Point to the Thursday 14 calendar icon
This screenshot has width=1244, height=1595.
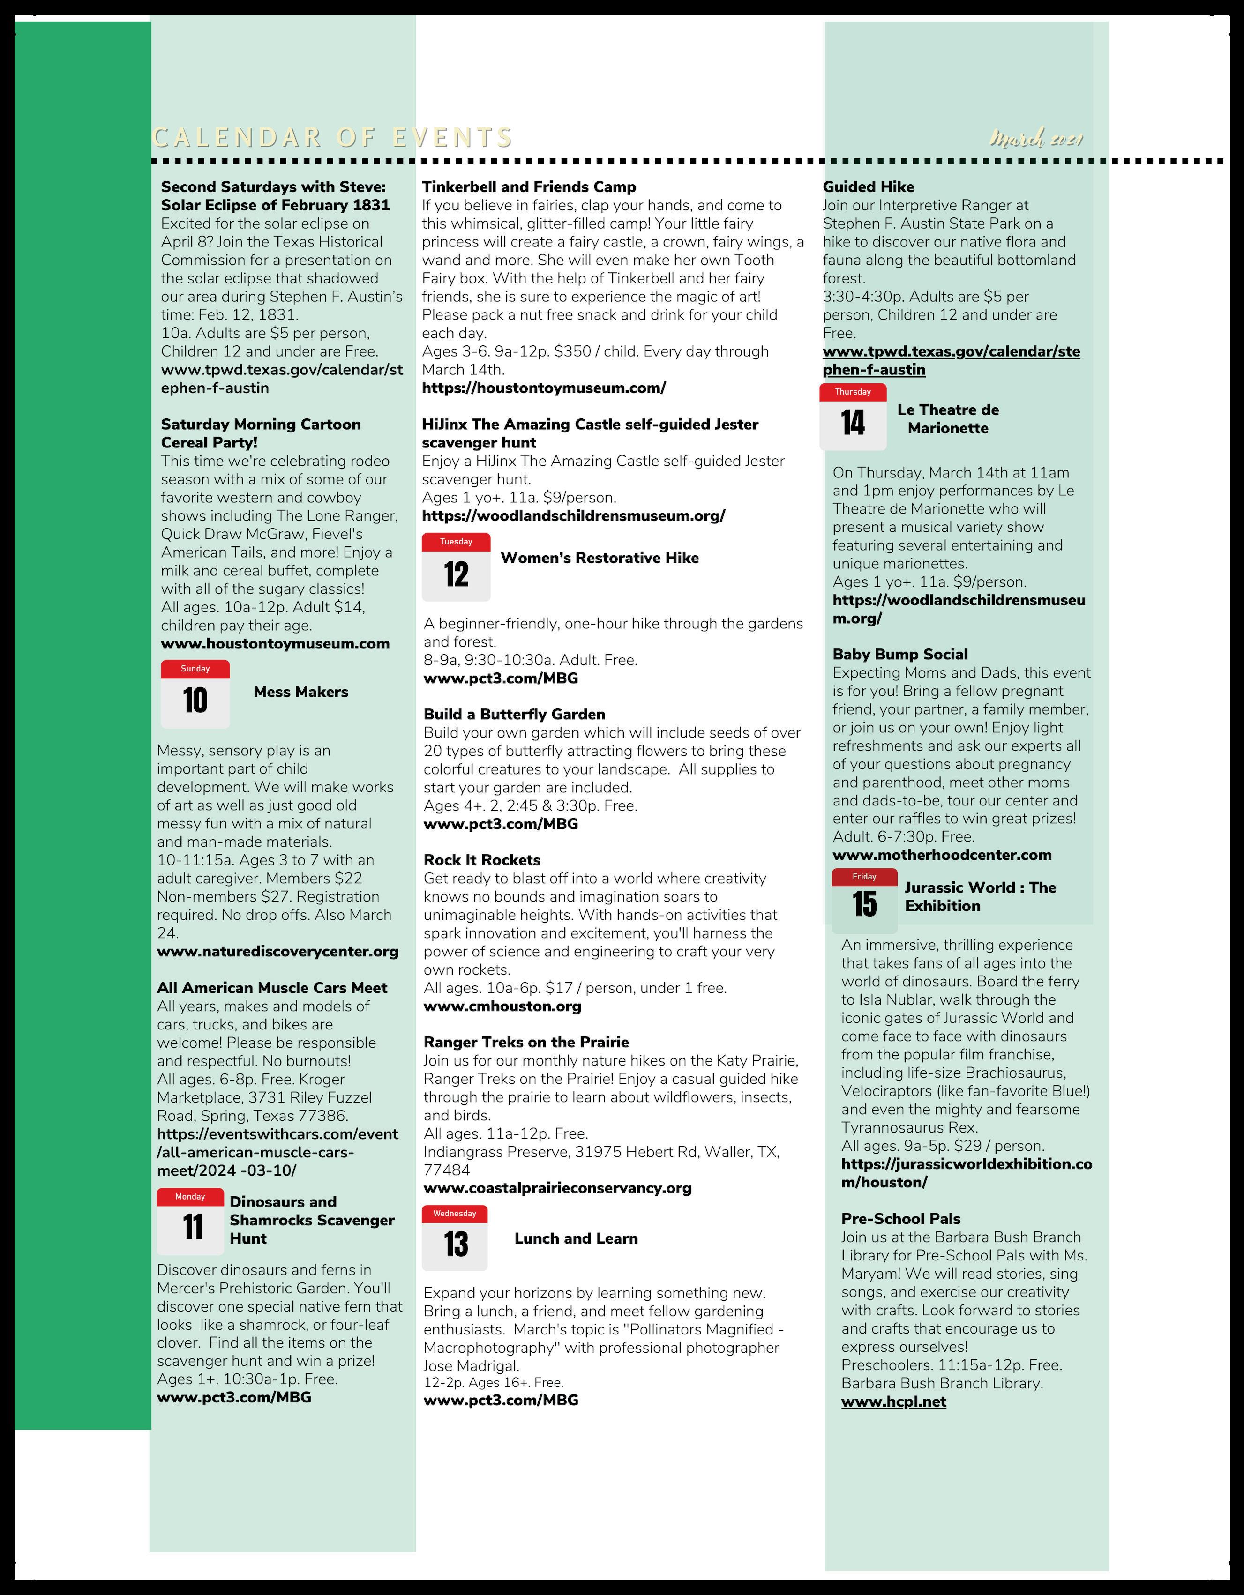click(x=853, y=416)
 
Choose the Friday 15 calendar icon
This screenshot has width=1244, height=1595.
click(x=864, y=899)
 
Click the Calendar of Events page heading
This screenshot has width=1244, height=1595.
click(x=332, y=137)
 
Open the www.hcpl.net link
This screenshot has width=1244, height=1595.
click(x=893, y=1401)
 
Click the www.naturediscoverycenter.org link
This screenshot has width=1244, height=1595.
click(x=277, y=952)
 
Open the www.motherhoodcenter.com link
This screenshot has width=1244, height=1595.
click(x=942, y=855)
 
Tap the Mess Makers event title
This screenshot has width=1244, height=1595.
click(x=301, y=692)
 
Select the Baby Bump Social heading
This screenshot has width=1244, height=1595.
click(x=900, y=655)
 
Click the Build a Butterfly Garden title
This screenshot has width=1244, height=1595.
click(x=514, y=714)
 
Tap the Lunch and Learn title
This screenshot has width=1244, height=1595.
click(x=576, y=1238)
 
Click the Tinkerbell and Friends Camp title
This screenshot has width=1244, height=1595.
click(x=529, y=187)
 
